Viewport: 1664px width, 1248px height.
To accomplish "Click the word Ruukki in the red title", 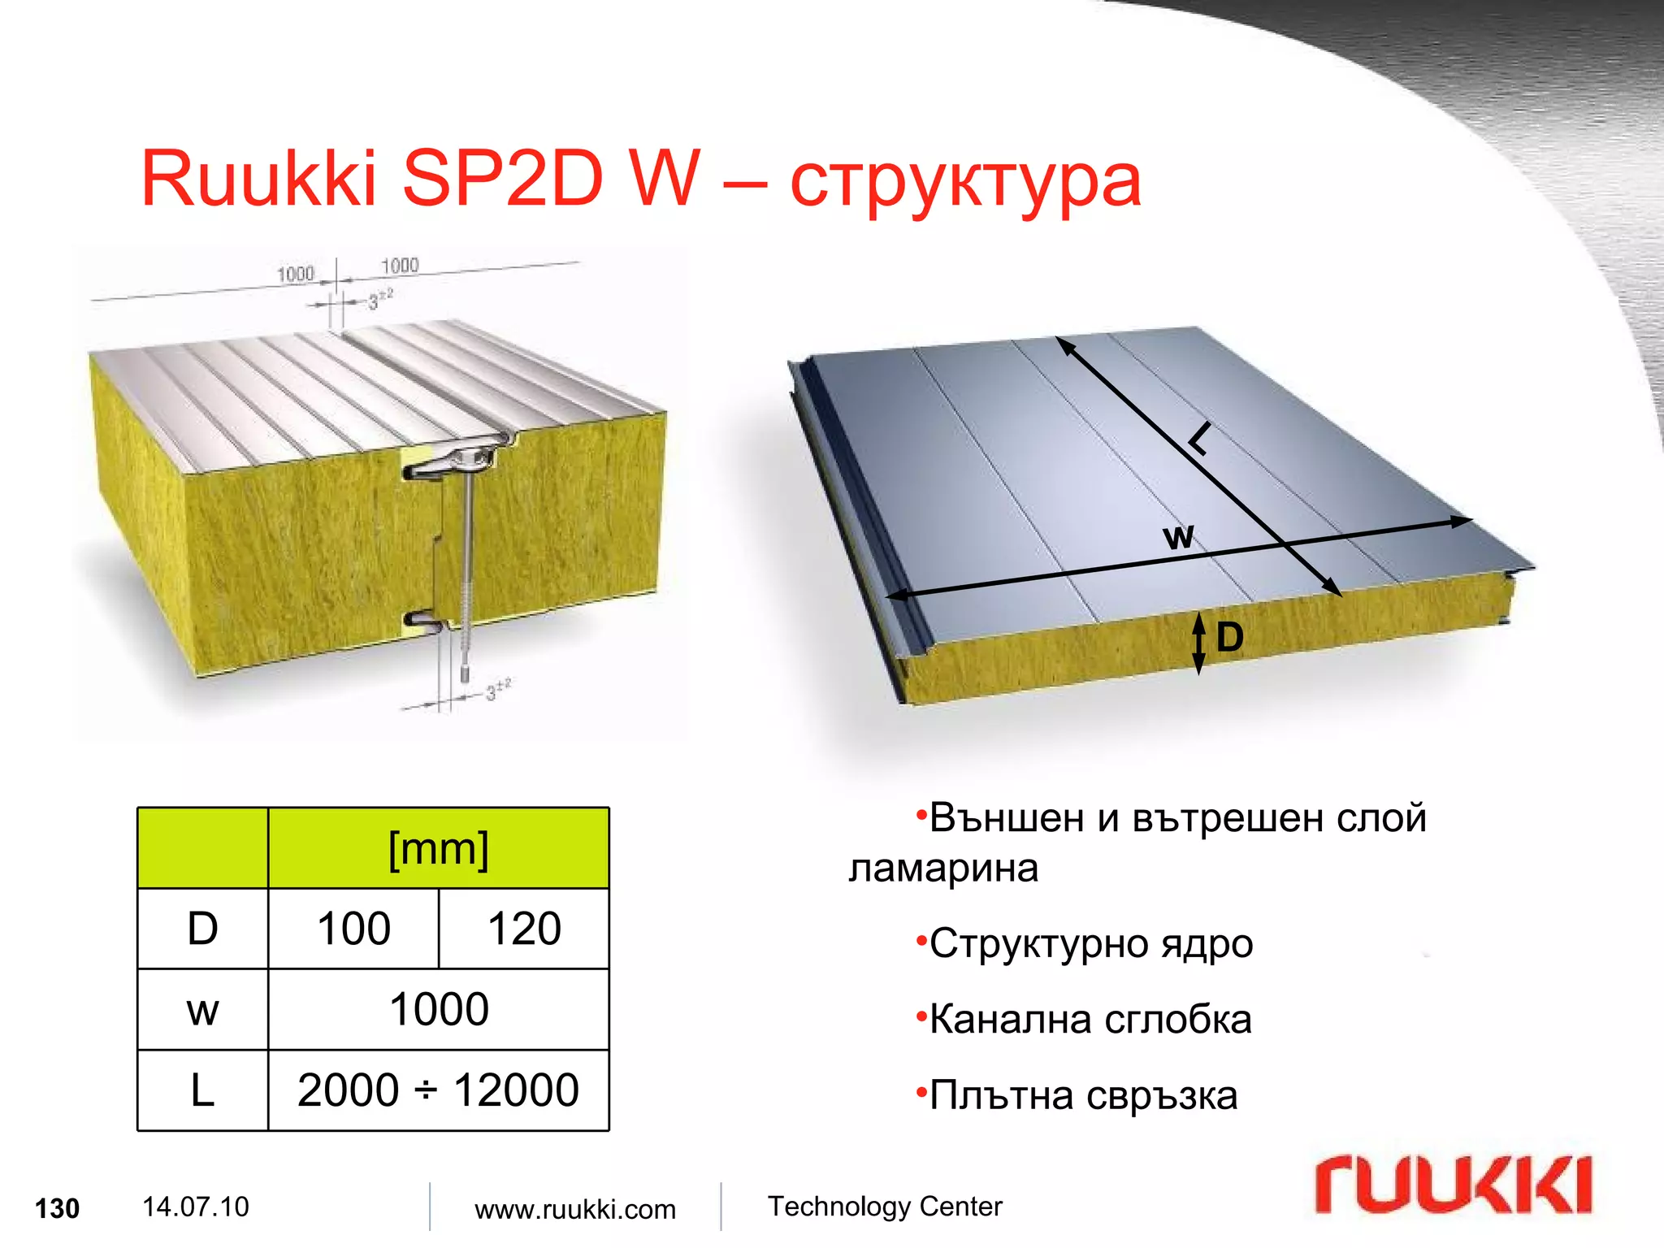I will (x=258, y=179).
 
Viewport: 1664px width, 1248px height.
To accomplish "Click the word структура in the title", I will (x=965, y=183).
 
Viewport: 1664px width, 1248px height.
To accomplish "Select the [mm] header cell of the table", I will (x=438, y=849).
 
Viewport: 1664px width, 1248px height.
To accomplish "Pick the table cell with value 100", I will (x=353, y=929).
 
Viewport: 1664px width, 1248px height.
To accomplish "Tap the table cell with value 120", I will (x=524, y=929).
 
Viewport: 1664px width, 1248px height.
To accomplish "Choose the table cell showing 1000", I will (x=439, y=1009).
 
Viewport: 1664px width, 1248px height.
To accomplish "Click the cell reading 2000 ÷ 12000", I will (x=438, y=1090).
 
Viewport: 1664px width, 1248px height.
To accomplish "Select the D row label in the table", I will (x=202, y=929).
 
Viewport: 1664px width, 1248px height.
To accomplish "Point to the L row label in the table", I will (x=202, y=1090).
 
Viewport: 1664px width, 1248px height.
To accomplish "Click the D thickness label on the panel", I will (x=1229, y=638).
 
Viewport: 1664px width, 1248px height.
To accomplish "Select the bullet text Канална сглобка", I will (x=1090, y=1020).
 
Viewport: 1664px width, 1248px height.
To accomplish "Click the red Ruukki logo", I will (x=1453, y=1185).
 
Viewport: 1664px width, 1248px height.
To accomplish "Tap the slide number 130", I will (x=57, y=1209).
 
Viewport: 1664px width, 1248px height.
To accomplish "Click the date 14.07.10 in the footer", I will (x=196, y=1207).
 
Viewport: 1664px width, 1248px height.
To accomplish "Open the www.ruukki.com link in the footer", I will (x=575, y=1209).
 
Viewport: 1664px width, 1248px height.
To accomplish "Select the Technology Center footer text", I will (x=885, y=1207).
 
